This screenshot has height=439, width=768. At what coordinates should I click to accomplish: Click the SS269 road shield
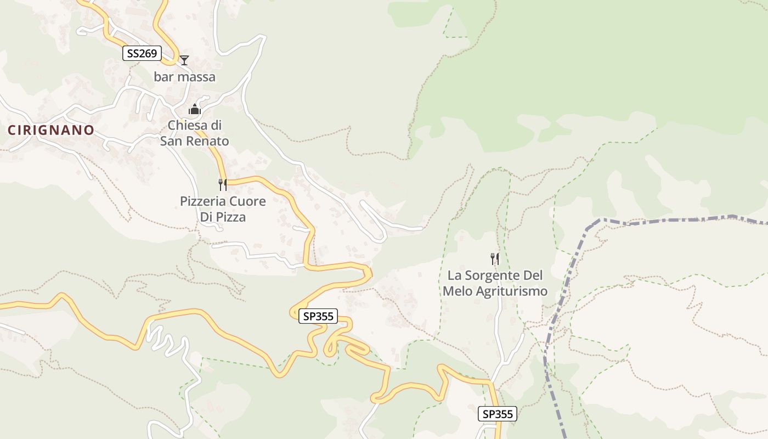pyautogui.click(x=142, y=53)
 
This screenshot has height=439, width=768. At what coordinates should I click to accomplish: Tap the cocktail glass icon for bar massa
pyautogui.click(x=184, y=60)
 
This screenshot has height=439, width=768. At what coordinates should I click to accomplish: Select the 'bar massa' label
pyautogui.click(x=184, y=77)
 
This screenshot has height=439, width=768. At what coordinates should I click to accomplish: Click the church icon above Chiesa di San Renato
pyautogui.click(x=195, y=110)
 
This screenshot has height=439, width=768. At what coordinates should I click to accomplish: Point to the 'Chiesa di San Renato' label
pyautogui.click(x=194, y=133)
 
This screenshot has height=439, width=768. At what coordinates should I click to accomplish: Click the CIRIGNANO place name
pyautogui.click(x=51, y=130)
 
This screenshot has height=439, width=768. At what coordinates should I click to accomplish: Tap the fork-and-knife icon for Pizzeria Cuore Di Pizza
pyautogui.click(x=223, y=184)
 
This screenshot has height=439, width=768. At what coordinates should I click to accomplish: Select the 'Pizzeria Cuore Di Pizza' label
pyautogui.click(x=223, y=209)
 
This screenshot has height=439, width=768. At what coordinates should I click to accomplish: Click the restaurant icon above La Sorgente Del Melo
pyautogui.click(x=495, y=258)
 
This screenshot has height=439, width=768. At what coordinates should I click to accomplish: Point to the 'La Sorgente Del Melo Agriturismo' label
pyautogui.click(x=495, y=283)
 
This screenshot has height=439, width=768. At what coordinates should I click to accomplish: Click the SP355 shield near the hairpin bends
pyautogui.click(x=318, y=316)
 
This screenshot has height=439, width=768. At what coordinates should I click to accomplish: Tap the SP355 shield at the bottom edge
pyautogui.click(x=498, y=414)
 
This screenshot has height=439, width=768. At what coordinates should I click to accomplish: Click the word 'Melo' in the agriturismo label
pyautogui.click(x=456, y=291)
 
